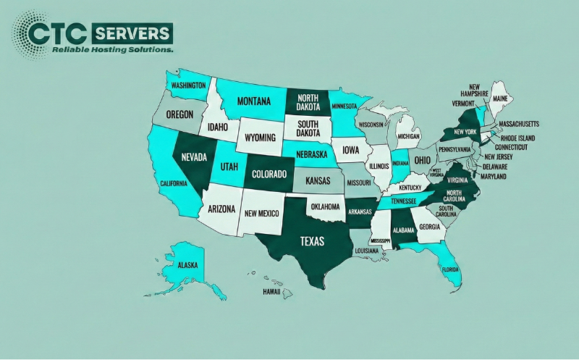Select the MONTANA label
[253, 101]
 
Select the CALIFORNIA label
[174, 183]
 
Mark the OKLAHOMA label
[325, 206]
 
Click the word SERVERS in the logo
[131, 33]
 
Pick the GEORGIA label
[430, 227]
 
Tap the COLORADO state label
[268, 174]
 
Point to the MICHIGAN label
[409, 136]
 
